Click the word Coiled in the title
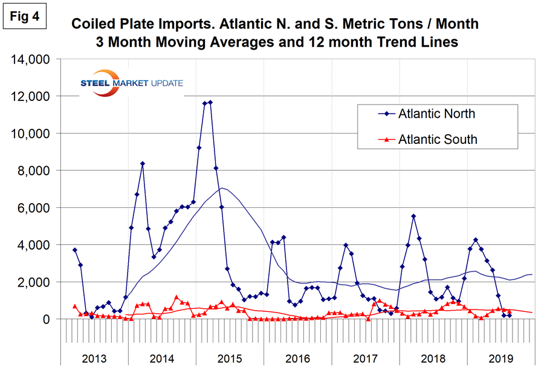pyautogui.click(x=96, y=24)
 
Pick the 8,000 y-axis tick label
pyautogui.click(x=32, y=171)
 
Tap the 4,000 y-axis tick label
pyautogui.click(x=32, y=245)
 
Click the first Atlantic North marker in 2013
pyautogui.click(x=74, y=250)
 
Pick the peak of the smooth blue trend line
pyautogui.click(x=223, y=188)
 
